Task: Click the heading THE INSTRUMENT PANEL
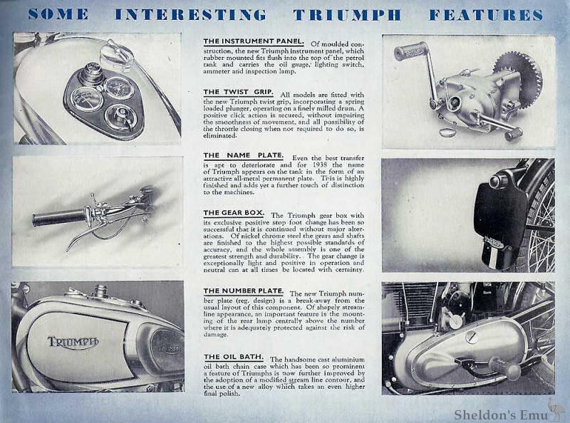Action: click(254, 41)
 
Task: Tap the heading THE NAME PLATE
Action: click(243, 155)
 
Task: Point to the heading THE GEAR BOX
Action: click(234, 213)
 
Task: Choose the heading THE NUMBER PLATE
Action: click(243, 291)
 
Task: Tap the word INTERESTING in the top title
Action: click(191, 14)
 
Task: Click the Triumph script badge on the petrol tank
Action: click(73, 343)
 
